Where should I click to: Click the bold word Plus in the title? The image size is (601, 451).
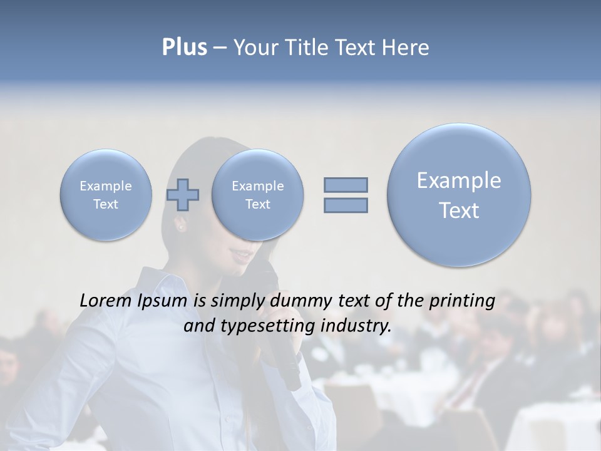click(184, 48)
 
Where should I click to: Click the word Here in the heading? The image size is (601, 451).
click(407, 48)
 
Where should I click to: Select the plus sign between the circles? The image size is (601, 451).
click(183, 195)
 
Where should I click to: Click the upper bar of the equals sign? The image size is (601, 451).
click(346, 185)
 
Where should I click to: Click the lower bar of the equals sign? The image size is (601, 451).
click(346, 205)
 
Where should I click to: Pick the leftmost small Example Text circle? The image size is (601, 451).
click(106, 195)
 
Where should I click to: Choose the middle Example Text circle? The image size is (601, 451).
click(257, 195)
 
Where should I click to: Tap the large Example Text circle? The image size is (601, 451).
click(459, 195)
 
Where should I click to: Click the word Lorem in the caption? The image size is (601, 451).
click(106, 301)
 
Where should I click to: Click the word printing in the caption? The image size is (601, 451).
click(461, 301)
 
